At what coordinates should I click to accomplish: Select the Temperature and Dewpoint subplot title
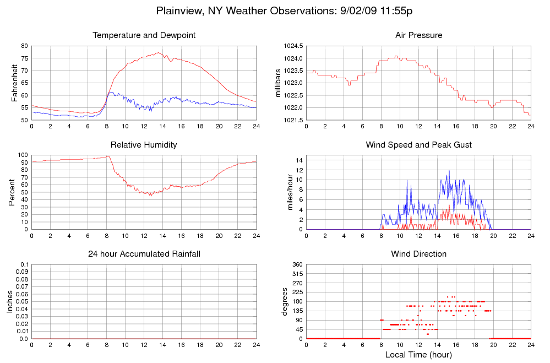click(144, 36)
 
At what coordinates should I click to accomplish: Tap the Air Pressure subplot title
click(418, 36)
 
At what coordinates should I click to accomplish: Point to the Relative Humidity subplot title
click(144, 145)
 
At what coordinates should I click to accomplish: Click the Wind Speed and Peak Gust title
click(418, 145)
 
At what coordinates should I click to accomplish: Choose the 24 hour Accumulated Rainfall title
click(144, 254)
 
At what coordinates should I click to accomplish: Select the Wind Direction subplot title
click(418, 254)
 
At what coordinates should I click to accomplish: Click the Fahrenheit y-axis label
click(15, 83)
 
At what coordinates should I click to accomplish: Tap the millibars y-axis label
click(279, 83)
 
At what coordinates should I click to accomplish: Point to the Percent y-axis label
click(12, 192)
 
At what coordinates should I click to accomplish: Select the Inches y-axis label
click(10, 301)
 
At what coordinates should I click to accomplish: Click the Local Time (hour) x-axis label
click(418, 354)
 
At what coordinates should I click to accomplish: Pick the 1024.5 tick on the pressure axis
click(292, 46)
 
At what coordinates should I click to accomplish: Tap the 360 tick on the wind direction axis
click(297, 265)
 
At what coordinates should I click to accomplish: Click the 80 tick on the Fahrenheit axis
click(24, 46)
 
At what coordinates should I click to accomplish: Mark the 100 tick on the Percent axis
click(23, 155)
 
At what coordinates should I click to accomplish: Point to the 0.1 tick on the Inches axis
click(24, 265)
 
